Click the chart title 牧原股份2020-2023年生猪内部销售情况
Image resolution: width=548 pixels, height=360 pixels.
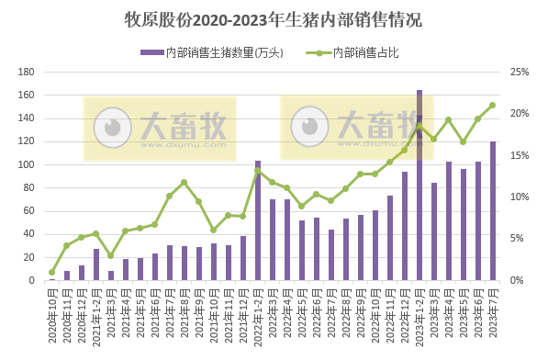(274, 19)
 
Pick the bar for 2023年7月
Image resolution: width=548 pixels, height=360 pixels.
(493, 211)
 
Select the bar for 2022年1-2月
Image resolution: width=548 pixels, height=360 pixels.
(258, 220)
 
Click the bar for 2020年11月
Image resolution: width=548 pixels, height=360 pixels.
(67, 276)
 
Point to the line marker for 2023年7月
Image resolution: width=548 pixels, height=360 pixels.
(493, 105)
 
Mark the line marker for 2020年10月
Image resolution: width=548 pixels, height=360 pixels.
(52, 272)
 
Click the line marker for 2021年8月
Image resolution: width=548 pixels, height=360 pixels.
(185, 182)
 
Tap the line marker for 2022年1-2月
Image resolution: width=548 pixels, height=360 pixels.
(258, 171)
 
